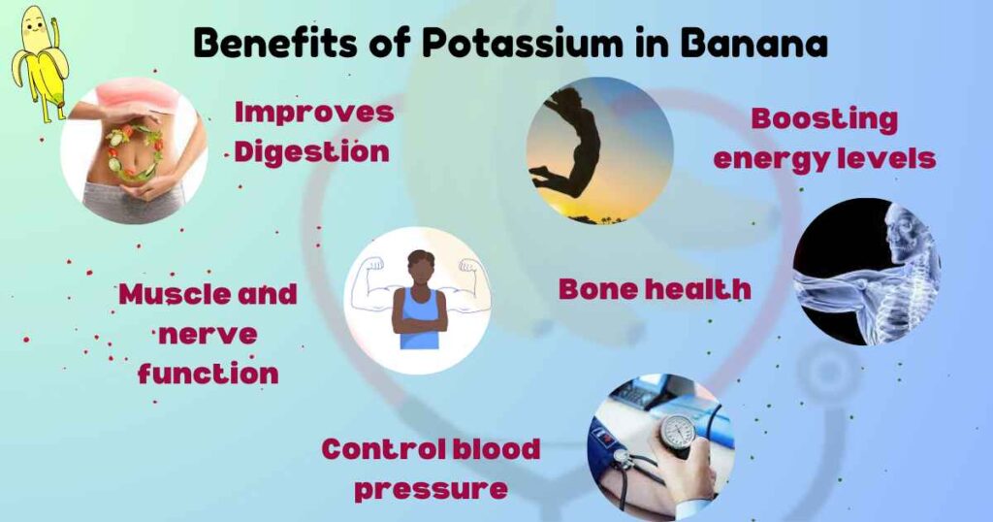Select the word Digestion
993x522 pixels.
point(311,151)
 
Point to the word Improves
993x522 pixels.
point(314,112)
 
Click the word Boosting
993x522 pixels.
point(824,119)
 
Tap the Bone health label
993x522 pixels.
point(655,288)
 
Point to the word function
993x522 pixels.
point(208,373)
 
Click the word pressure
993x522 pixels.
point(430,487)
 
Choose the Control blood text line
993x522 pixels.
point(431,448)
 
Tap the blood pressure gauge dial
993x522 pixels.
point(678,432)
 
